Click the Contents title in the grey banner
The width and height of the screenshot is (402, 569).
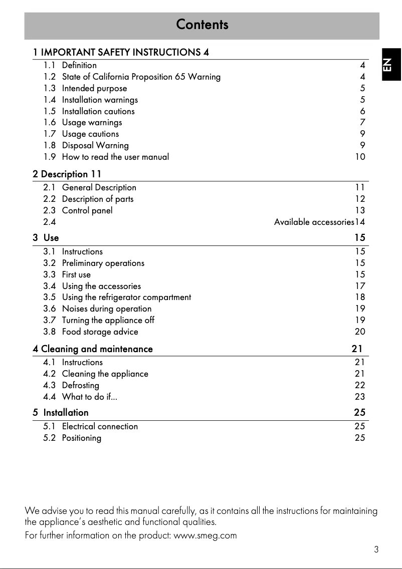click(x=202, y=25)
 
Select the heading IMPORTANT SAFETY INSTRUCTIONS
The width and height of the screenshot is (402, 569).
click(x=121, y=52)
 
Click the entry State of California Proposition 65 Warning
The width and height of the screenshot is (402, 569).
click(x=141, y=77)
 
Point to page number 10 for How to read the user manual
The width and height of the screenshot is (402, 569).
click(x=360, y=157)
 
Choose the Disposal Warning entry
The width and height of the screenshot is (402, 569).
click(x=95, y=146)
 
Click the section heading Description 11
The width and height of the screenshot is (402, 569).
click(x=67, y=174)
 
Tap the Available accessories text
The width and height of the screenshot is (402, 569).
click(x=314, y=222)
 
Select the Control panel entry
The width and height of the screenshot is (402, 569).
click(x=87, y=210)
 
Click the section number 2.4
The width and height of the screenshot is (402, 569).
click(x=49, y=222)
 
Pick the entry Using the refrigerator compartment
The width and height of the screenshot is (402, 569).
click(x=126, y=298)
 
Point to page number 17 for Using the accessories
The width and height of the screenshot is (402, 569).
click(x=360, y=286)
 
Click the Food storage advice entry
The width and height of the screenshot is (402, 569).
click(x=100, y=332)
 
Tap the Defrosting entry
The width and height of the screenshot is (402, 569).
click(x=80, y=385)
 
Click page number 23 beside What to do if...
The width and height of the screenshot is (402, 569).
click(x=360, y=397)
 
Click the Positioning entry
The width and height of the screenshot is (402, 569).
click(x=81, y=438)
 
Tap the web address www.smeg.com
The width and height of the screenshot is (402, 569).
click(x=205, y=535)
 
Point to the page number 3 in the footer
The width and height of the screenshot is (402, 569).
click(x=376, y=549)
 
